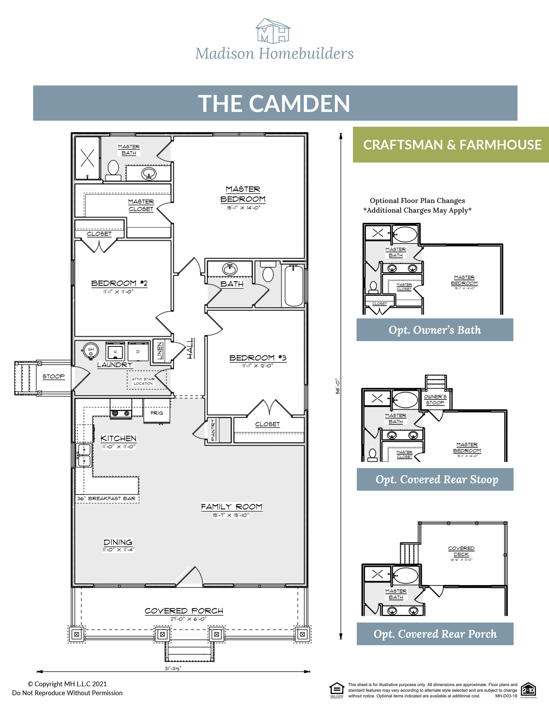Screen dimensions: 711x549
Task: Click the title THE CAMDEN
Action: pos(274,103)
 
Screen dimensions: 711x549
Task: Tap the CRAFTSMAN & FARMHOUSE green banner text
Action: pos(452,145)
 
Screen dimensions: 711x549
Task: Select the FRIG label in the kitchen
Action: pos(156,413)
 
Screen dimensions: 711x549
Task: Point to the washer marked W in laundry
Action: pos(115,352)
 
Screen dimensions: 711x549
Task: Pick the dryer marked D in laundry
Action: pos(138,352)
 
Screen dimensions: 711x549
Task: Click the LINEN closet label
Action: pos(159,351)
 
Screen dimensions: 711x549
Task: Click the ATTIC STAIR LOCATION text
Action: pos(143,381)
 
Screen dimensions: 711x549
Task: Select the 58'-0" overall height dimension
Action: pos(338,386)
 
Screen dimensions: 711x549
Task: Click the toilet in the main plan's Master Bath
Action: pos(113,169)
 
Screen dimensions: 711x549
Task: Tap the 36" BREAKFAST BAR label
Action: pos(106,498)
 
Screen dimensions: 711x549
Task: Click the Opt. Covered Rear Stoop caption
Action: pos(436,480)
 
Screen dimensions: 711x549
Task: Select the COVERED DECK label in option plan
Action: pos(461,551)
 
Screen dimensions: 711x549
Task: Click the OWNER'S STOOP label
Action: pos(435,399)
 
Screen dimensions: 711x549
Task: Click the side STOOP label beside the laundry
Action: pos(53,376)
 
